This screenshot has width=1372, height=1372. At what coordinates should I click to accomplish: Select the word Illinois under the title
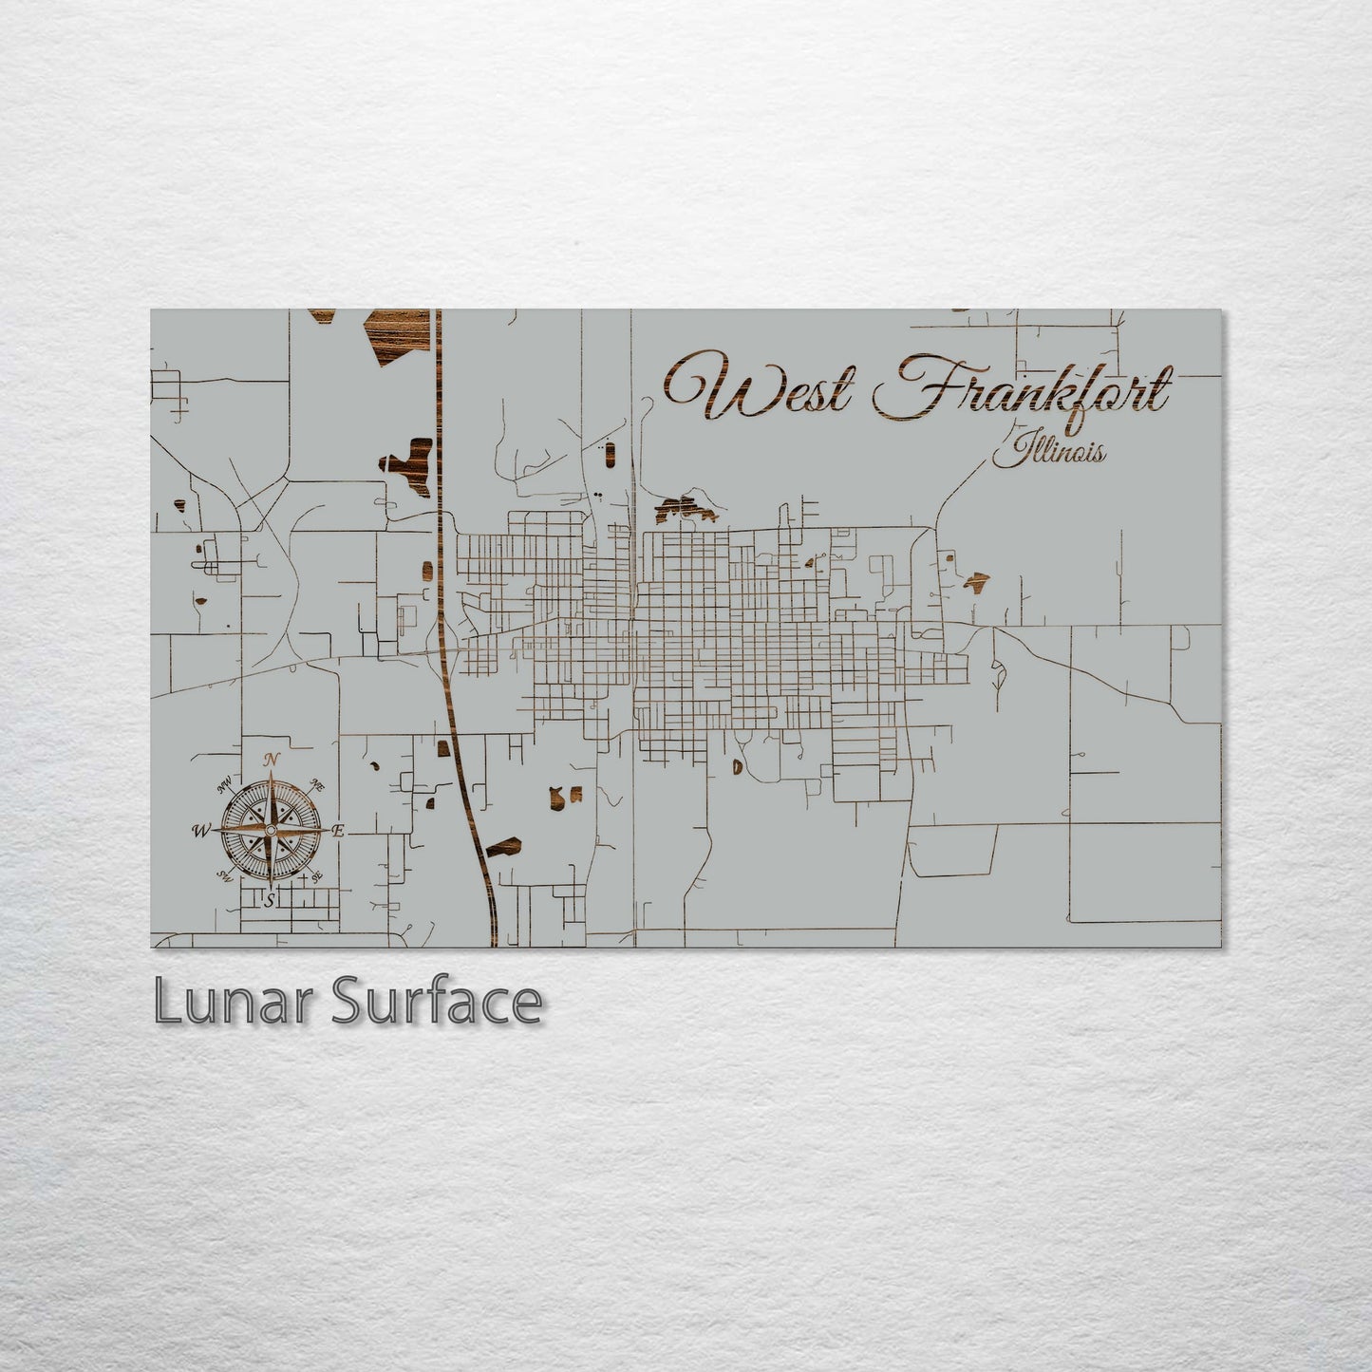[x=1048, y=450]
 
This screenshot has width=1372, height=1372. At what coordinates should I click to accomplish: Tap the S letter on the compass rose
[x=271, y=899]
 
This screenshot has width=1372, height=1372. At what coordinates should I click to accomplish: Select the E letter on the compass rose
[x=339, y=831]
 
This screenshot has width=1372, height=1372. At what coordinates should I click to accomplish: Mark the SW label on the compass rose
[x=226, y=875]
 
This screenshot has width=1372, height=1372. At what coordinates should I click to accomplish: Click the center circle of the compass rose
[x=271, y=831]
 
